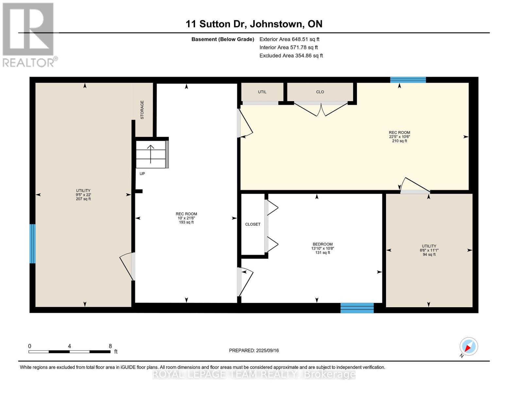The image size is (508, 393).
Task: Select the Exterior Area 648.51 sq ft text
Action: click(x=289, y=39)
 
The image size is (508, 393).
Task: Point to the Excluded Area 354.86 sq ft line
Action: click(x=291, y=56)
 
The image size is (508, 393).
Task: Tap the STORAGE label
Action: click(x=142, y=110)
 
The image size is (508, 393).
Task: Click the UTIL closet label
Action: click(x=262, y=92)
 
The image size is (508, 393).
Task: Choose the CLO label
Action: click(x=320, y=92)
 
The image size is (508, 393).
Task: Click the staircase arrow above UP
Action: click(x=150, y=154)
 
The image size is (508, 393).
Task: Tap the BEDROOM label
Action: click(x=323, y=244)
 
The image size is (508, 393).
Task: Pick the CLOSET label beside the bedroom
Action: click(x=253, y=224)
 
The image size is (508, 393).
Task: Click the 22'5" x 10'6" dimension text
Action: click(x=399, y=137)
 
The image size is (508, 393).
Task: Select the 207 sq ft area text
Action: click(x=83, y=199)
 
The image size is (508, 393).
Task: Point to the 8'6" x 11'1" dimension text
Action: click(x=429, y=250)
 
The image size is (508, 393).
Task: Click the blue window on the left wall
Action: click(x=32, y=244)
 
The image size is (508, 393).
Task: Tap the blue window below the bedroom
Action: click(x=357, y=308)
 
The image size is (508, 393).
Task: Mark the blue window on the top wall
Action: click(x=408, y=80)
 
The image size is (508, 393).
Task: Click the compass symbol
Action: click(x=468, y=346)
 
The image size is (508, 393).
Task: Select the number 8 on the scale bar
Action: click(x=110, y=346)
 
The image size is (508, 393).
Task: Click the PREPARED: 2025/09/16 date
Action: click(x=254, y=351)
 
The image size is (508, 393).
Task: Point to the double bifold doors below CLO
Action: click(x=321, y=109)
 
